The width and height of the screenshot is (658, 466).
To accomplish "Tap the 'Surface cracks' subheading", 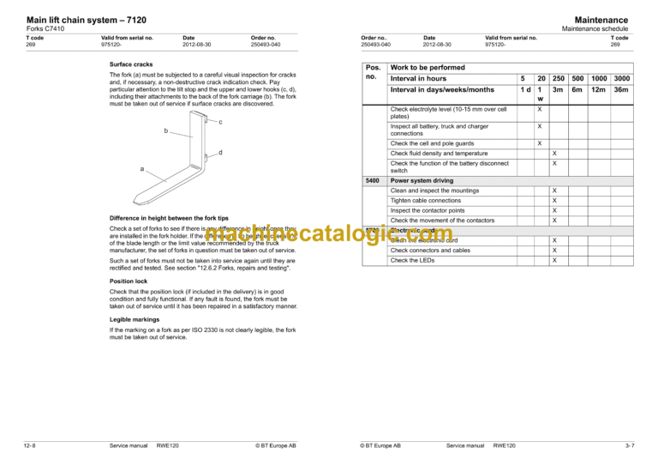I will click(x=131, y=64).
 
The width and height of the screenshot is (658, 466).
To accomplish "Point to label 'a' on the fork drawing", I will click(x=142, y=169).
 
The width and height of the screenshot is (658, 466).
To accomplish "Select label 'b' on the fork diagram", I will click(x=165, y=131).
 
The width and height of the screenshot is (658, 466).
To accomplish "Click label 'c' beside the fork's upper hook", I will click(x=221, y=122).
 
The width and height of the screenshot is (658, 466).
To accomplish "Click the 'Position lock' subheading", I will click(x=129, y=281).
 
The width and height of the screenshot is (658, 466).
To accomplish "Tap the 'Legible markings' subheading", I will click(x=134, y=319).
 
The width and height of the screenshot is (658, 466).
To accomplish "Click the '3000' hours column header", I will click(x=621, y=78).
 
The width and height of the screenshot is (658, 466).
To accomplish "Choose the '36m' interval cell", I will click(x=621, y=90).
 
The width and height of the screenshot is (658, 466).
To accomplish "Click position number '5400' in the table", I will click(x=373, y=181).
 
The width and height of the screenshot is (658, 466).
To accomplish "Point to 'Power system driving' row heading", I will click(x=422, y=181).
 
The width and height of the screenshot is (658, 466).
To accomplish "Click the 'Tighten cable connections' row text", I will click(x=425, y=201).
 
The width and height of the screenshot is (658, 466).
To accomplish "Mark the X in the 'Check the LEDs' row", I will click(x=553, y=260).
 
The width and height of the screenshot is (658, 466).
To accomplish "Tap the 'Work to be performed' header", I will click(x=428, y=67).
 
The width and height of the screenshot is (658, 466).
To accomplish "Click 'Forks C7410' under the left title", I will click(x=45, y=29).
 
